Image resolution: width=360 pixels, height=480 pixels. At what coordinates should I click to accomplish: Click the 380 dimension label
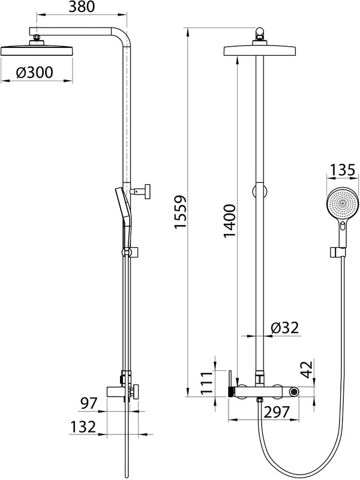click(82, 7)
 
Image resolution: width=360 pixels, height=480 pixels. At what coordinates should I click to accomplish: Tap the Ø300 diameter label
click(35, 73)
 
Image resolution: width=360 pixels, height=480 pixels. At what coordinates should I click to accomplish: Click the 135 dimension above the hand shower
click(343, 170)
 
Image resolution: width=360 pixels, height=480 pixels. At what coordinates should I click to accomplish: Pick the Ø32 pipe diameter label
click(284, 328)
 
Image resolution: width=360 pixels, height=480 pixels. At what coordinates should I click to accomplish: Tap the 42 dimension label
click(307, 370)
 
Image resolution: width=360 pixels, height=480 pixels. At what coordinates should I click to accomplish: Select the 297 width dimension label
click(277, 412)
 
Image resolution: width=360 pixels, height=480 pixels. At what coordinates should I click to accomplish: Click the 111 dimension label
click(206, 383)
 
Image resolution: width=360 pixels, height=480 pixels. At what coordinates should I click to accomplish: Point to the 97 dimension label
click(88, 403)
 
